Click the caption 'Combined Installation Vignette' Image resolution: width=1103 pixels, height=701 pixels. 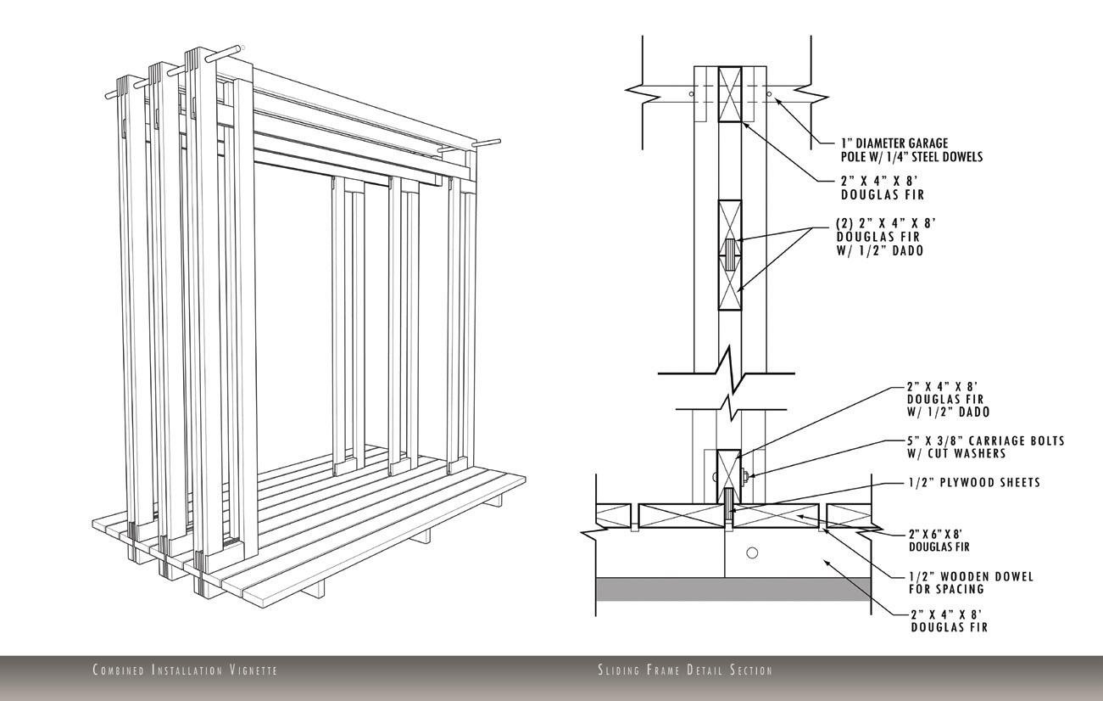click(x=184, y=670)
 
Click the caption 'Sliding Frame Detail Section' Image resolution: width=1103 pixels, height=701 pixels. click(x=685, y=670)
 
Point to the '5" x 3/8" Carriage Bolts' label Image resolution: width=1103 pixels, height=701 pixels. click(x=985, y=447)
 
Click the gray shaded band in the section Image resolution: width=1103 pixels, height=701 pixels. click(x=733, y=589)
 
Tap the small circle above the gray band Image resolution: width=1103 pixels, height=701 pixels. click(x=752, y=553)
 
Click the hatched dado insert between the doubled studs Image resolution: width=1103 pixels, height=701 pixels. click(x=729, y=255)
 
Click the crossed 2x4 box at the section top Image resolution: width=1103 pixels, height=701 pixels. click(x=729, y=93)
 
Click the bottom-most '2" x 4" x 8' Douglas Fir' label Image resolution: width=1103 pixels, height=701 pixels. click(x=948, y=620)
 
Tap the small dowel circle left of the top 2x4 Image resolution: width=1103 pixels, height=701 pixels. click(x=692, y=93)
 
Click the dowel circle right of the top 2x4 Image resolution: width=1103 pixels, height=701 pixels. click(x=769, y=93)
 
